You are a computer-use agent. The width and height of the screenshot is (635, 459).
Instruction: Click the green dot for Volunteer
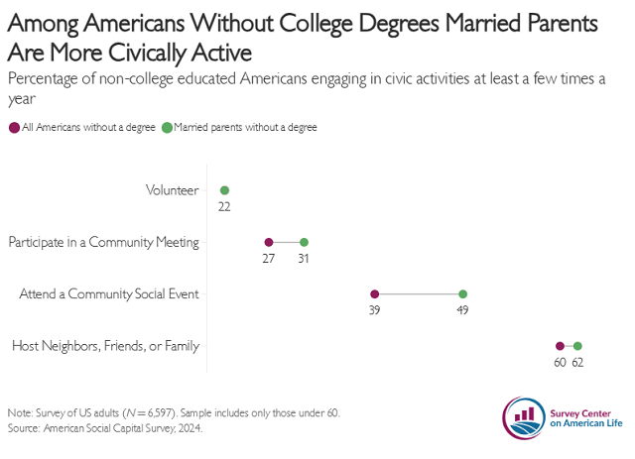click(x=224, y=190)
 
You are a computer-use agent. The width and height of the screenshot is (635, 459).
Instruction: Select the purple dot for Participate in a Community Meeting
click(x=269, y=242)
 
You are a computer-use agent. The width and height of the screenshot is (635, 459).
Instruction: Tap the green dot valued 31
click(x=305, y=242)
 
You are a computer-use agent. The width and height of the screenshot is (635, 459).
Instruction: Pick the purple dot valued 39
click(x=374, y=293)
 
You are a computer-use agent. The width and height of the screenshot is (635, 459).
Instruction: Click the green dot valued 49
click(x=463, y=293)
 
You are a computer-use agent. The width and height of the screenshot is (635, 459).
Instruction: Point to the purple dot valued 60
click(x=560, y=346)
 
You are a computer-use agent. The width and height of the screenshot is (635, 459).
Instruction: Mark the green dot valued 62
click(x=577, y=346)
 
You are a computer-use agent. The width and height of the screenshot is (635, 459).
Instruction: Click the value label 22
click(x=224, y=206)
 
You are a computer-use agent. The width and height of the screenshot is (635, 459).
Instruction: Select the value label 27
click(x=269, y=258)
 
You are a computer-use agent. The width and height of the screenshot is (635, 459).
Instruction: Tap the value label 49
click(x=462, y=309)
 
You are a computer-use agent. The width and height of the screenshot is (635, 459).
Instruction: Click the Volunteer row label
click(x=172, y=190)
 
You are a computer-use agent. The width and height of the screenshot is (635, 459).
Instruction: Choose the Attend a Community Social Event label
click(x=110, y=293)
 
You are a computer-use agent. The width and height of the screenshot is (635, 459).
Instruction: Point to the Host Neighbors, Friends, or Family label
click(x=105, y=346)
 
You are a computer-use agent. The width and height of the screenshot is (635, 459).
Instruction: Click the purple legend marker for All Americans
click(x=13, y=127)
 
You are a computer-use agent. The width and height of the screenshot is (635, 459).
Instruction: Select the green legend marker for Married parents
click(x=168, y=127)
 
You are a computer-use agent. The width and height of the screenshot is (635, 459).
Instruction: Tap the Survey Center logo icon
click(x=524, y=417)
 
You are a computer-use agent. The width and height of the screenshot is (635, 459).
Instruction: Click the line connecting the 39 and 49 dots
click(x=419, y=293)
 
